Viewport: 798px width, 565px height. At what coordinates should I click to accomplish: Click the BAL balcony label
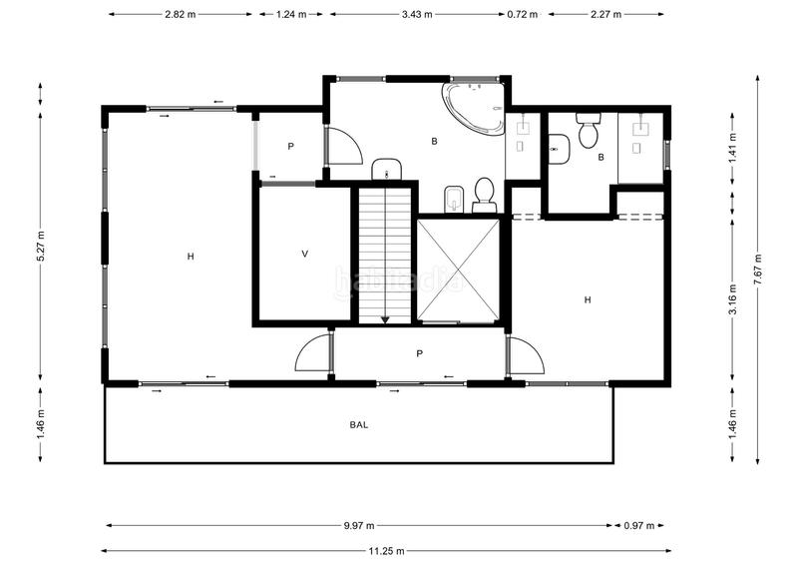coord(359,424)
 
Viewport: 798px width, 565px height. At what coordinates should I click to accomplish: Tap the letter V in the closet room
coord(305,254)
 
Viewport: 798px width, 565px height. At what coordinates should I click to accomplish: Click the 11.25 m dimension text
coord(385,550)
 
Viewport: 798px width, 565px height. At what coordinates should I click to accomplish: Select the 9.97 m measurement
coord(359,525)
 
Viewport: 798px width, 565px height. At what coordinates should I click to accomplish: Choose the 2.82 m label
coord(180,14)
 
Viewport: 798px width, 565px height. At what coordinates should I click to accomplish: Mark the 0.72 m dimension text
coord(522,14)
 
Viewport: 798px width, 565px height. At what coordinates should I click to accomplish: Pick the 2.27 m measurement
coord(605,14)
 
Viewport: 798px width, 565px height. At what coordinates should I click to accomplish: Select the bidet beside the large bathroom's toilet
coord(454,197)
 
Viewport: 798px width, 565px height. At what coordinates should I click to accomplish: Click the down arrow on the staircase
coord(385,317)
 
